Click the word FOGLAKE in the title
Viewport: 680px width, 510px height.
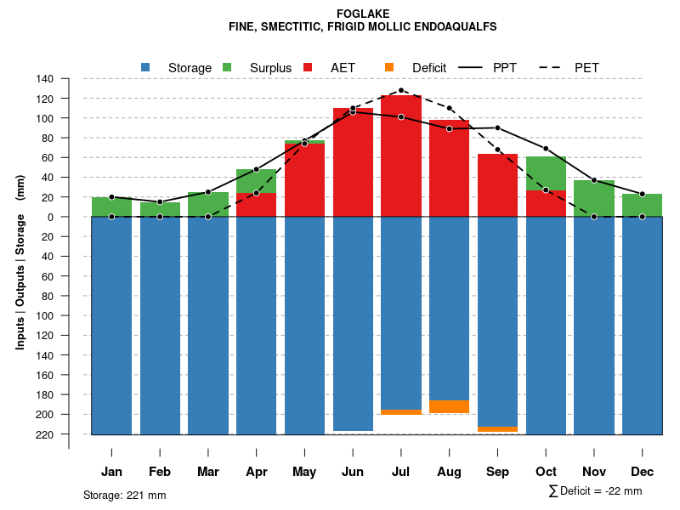tap(363, 14)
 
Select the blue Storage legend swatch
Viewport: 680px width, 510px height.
tap(145, 67)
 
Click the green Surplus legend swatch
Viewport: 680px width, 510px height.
tap(227, 67)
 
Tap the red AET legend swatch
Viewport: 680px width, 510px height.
tap(308, 67)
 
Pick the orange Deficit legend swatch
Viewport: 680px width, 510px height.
tap(389, 67)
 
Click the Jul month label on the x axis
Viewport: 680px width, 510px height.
tap(401, 472)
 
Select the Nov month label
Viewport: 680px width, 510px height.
tap(594, 472)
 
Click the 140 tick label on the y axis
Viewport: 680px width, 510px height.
tap(45, 79)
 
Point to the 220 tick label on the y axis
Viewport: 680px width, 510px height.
tap(45, 434)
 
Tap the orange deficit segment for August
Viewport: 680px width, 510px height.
tap(450, 406)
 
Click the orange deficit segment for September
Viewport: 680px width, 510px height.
tap(498, 429)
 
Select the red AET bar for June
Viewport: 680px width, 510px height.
tap(353, 161)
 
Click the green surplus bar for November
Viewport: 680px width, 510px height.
tap(594, 198)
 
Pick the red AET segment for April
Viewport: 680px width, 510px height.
tap(257, 205)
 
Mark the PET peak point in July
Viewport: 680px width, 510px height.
tap(401, 90)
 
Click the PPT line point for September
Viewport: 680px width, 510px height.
tap(498, 128)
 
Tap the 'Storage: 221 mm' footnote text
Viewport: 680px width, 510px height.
tap(125, 495)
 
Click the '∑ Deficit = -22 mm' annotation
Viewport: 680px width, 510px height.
tap(595, 491)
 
